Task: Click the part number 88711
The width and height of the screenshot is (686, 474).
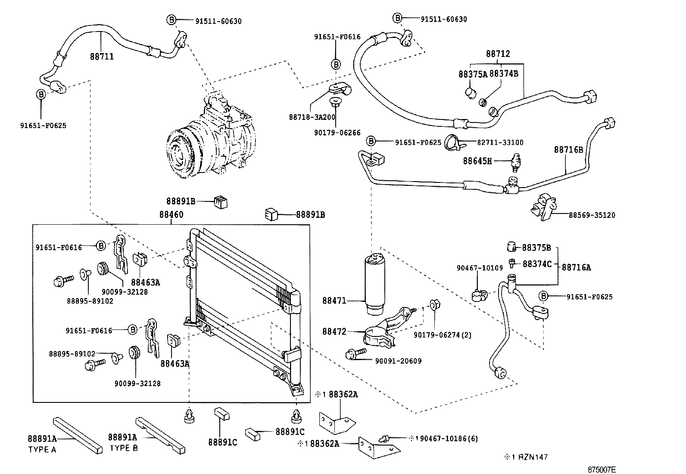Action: pyautogui.click(x=102, y=57)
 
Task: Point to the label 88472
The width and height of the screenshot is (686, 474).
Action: pyautogui.click(x=334, y=332)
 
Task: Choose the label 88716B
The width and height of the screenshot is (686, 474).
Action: pyautogui.click(x=568, y=150)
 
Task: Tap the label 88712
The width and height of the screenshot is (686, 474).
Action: pyautogui.click(x=498, y=54)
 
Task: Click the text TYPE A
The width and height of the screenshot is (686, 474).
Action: pyautogui.click(x=42, y=449)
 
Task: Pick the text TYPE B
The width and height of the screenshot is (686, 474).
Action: pyautogui.click(x=124, y=448)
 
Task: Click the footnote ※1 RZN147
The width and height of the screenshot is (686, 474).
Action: pyautogui.click(x=527, y=457)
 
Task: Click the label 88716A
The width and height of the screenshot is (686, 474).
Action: pyautogui.click(x=576, y=267)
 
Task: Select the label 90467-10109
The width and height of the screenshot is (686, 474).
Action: pyautogui.click(x=480, y=268)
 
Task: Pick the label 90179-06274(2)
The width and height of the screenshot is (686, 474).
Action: pyautogui.click(x=443, y=335)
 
